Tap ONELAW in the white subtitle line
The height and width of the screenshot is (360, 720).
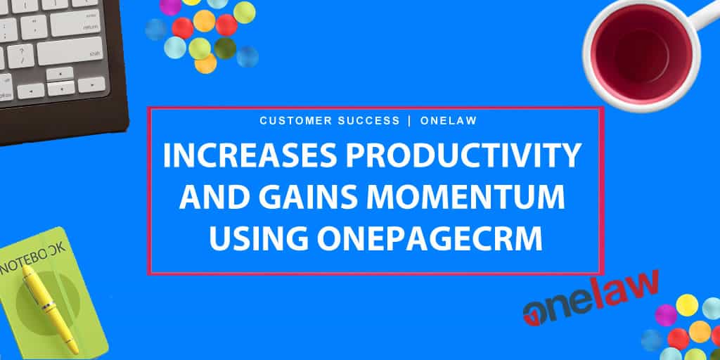pyautogui.click(x=449, y=121)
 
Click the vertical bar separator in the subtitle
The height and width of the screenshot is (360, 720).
pyautogui.click(x=410, y=121)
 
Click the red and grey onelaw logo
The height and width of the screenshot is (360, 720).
pyautogui.click(x=591, y=298)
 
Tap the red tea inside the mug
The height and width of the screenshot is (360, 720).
pyautogui.click(x=642, y=51)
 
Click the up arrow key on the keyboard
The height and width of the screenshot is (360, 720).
pyautogui.click(x=60, y=73)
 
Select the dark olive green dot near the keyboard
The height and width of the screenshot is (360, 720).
pyautogui.click(x=225, y=49)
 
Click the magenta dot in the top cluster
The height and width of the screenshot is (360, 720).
pyautogui.click(x=170, y=6)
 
